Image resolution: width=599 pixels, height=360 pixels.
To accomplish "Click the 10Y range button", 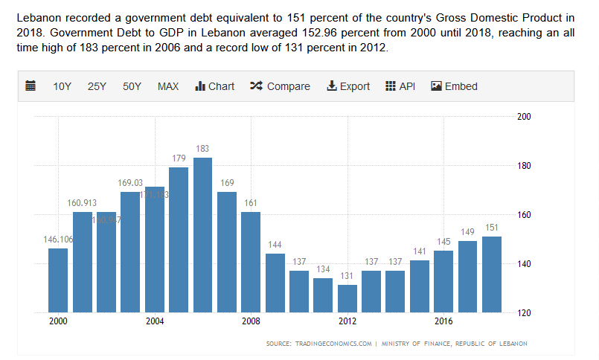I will tap(62, 86).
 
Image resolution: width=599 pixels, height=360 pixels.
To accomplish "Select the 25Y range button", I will tap(97, 86).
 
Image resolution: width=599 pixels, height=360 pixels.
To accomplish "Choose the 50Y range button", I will tap(132, 86).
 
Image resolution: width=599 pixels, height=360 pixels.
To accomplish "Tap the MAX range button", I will tap(168, 86).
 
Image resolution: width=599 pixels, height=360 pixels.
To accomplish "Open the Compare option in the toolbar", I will tap(280, 86).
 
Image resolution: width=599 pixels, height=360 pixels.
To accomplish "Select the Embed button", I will tap(454, 86).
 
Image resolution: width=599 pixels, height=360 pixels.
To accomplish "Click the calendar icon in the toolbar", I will tap(31, 86).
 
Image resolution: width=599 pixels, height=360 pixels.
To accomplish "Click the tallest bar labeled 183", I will tap(202, 234).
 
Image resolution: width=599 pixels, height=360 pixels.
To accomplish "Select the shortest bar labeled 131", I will tap(347, 298).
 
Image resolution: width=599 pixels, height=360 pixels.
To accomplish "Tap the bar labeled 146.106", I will tap(58, 280).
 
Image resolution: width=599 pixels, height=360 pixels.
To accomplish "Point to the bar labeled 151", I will tap(492, 274).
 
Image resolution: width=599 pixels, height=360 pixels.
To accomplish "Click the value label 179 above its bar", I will tap(179, 158).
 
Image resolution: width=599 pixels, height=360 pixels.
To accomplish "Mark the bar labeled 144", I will tap(275, 283).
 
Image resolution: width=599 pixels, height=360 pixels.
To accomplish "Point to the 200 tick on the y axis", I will tap(524, 117).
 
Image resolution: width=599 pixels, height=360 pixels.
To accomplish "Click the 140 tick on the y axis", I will tap(524, 264).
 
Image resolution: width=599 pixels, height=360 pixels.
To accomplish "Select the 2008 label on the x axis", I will tap(251, 321).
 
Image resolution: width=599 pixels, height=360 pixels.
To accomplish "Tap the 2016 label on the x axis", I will tap(443, 321).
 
